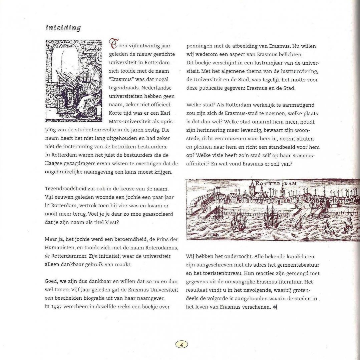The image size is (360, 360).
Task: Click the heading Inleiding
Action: [x=63, y=28]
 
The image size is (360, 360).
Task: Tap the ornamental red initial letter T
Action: [x=113, y=45]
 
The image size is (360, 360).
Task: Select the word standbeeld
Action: [x=279, y=147]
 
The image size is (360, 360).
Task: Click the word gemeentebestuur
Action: [x=297, y=265]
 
